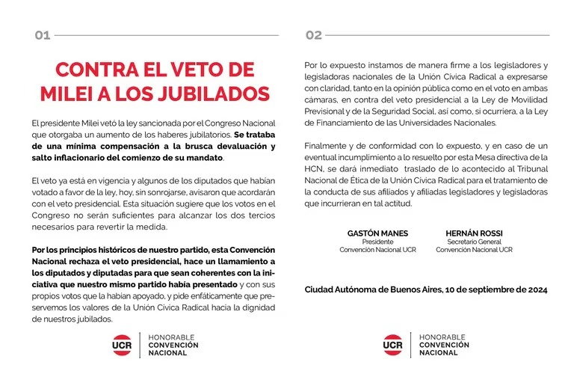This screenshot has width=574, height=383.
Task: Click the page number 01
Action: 42,34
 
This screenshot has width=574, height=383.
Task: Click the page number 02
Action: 314,34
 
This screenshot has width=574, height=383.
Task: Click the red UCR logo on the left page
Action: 122,346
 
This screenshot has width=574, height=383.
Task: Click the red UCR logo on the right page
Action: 393,346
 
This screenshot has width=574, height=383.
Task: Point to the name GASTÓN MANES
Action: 377,233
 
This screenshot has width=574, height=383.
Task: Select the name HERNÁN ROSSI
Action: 474,233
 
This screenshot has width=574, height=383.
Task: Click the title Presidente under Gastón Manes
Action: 377,242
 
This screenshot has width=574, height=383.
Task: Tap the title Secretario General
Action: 474,242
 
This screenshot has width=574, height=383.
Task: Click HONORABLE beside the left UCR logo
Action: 172,337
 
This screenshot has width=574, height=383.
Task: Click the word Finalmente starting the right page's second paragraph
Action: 327,145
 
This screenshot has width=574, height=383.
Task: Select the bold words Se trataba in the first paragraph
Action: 255,134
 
